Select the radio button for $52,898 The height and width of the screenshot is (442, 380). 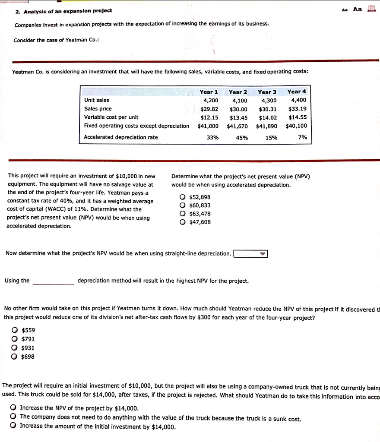pyautogui.click(x=183, y=197)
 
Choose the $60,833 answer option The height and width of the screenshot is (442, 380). pyautogui.click(x=183, y=205)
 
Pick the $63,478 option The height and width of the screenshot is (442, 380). pyautogui.click(x=183, y=214)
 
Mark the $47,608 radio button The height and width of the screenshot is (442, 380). pyautogui.click(x=183, y=222)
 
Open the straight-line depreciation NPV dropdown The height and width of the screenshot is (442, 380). pyautogui.click(x=250, y=254)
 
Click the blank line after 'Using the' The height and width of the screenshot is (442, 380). pyautogui.click(x=54, y=281)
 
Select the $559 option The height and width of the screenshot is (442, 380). pyautogui.click(x=15, y=331)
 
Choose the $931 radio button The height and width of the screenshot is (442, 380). pyautogui.click(x=15, y=348)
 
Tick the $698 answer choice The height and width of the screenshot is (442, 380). pyautogui.click(x=15, y=357)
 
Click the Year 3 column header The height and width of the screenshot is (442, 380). pyautogui.click(x=267, y=92)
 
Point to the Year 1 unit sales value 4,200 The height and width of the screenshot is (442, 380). pyautogui.click(x=211, y=100)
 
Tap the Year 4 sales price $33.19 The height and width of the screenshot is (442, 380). pyautogui.click(x=297, y=109)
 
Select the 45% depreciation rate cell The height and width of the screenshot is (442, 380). pyautogui.click(x=242, y=138)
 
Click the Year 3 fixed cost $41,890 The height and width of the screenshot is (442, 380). pyautogui.click(x=266, y=126)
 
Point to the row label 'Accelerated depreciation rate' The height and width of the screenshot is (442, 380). pyautogui.click(x=121, y=137)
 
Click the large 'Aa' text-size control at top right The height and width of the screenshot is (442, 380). pyautogui.click(x=358, y=9)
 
